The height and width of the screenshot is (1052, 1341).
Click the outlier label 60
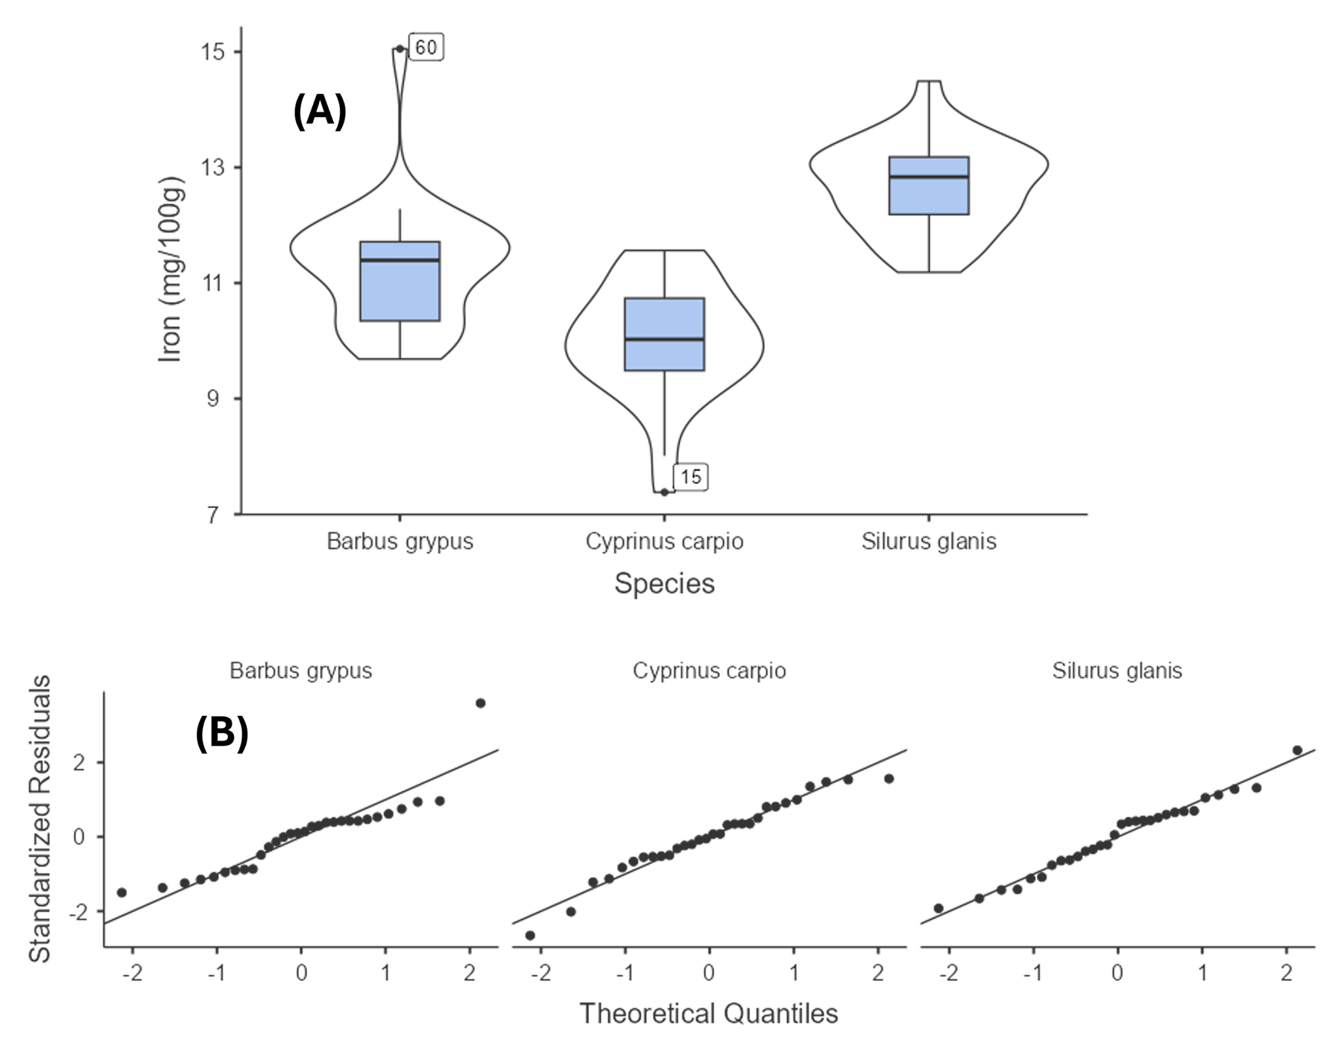[x=426, y=48]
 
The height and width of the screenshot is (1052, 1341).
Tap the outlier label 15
[x=691, y=477]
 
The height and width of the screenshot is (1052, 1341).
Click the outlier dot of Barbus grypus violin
[x=400, y=49]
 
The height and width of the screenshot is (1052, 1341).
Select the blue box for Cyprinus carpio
[x=664, y=334]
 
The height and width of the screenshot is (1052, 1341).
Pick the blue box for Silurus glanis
[x=929, y=186]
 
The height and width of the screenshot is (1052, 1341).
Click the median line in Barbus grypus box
[x=400, y=260]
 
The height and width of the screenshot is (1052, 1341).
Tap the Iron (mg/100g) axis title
[x=171, y=270]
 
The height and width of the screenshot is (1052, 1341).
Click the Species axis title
[x=664, y=583]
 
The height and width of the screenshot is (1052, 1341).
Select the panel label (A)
[x=320, y=111]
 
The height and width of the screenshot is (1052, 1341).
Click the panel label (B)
[x=221, y=733]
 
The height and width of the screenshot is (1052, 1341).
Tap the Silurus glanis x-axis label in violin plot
[x=929, y=541]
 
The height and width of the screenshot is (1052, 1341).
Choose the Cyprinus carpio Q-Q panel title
[x=709, y=671]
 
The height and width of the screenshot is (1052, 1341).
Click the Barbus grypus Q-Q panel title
[x=300, y=671]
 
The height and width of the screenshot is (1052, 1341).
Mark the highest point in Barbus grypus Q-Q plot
[x=481, y=703]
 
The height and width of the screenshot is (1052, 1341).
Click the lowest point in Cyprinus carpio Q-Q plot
[x=530, y=935]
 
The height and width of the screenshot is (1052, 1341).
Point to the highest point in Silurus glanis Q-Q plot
[x=1297, y=750]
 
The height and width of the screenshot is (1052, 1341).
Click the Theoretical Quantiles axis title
[x=709, y=1013]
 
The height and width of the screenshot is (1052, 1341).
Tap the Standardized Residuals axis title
[x=40, y=818]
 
